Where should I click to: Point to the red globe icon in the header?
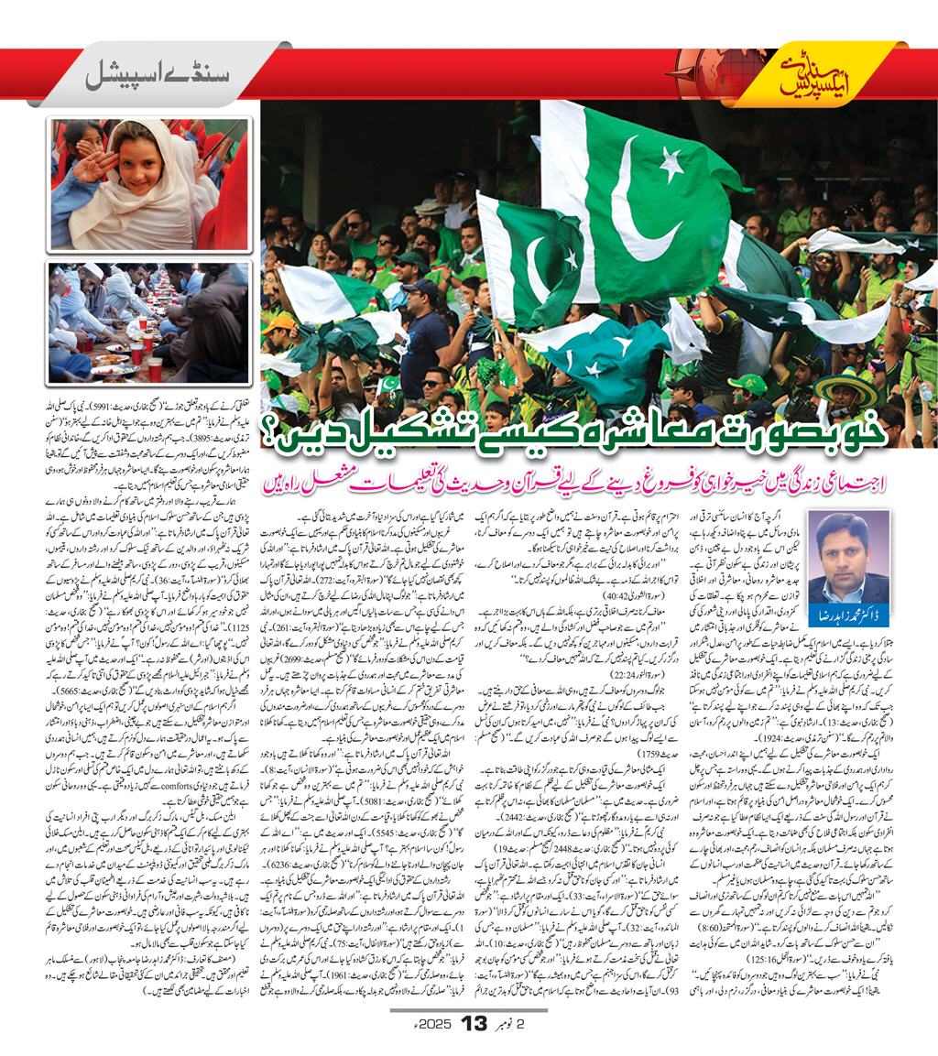(x=720, y=70)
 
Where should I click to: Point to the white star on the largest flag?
(x=673, y=164)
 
